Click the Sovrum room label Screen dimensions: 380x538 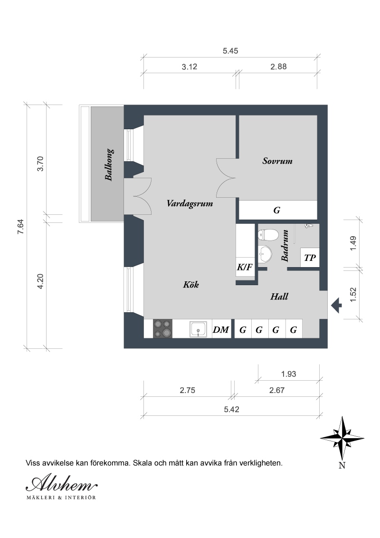[x=277, y=161]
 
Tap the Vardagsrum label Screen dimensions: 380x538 [x=190, y=203]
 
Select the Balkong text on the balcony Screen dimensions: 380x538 [x=109, y=165]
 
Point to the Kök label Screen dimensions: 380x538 [x=191, y=284]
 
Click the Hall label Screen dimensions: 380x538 [x=279, y=297]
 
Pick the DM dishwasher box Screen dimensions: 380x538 [x=221, y=329]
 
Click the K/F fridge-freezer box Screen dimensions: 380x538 [x=245, y=267]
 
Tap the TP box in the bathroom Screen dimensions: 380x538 [x=310, y=258]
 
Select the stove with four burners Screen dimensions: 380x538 [x=162, y=329]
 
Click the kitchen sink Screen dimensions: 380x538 [x=199, y=329]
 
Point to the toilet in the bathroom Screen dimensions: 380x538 [x=268, y=235]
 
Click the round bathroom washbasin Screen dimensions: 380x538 [x=265, y=254]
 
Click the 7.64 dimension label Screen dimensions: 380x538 [x=20, y=227]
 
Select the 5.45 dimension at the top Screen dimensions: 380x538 [x=230, y=51]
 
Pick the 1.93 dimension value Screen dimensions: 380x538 [x=288, y=374]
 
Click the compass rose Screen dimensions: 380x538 [x=342, y=438]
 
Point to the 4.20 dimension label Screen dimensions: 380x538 [x=40, y=281]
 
